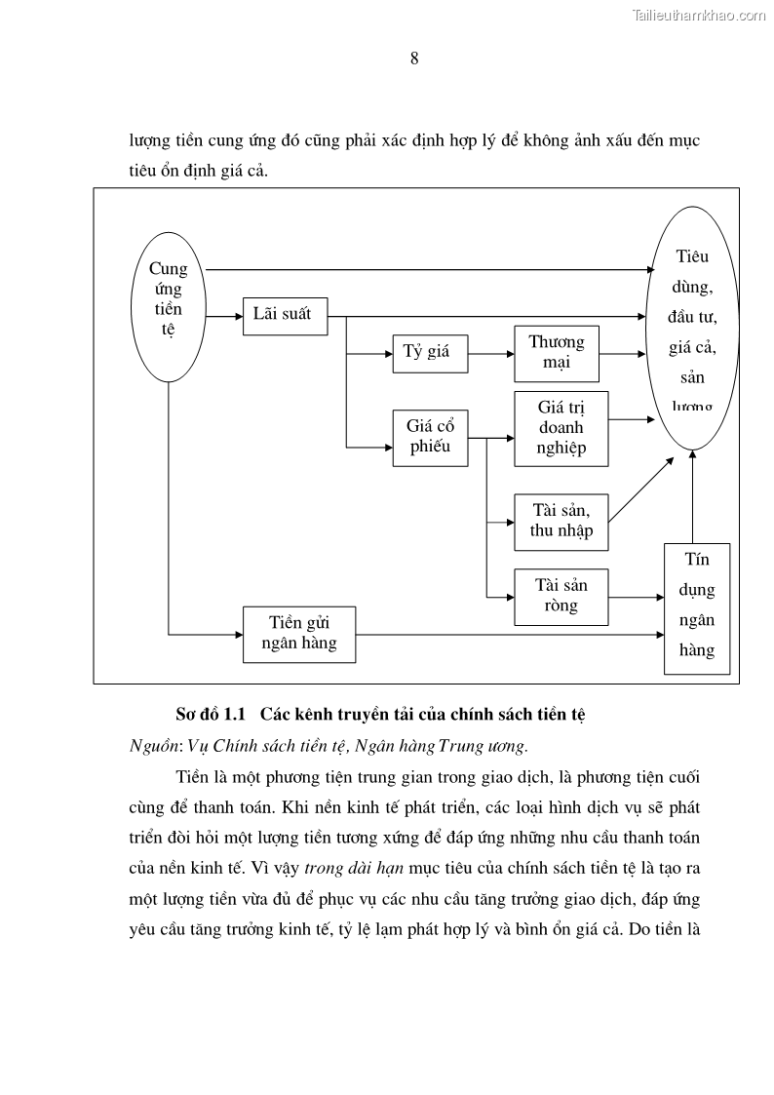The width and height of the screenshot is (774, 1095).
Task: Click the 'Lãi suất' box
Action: click(284, 315)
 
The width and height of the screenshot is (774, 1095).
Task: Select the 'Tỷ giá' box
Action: click(429, 352)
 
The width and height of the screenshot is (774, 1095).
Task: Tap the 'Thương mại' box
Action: click(557, 353)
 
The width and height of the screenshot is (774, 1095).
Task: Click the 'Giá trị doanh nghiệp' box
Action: click(561, 428)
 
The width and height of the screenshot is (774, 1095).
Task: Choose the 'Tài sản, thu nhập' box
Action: click(561, 522)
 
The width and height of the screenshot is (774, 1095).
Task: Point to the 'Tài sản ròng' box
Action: click(561, 596)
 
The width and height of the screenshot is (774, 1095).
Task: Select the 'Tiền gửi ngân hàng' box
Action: click(299, 634)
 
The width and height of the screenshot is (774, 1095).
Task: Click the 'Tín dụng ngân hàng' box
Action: click(697, 608)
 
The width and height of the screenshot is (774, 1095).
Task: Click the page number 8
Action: click(414, 59)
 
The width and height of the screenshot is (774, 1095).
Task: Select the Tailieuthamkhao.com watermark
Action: click(699, 15)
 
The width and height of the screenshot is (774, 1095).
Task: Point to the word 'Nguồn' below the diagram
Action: click(150, 746)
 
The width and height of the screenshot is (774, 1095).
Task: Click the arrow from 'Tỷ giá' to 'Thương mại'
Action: click(491, 352)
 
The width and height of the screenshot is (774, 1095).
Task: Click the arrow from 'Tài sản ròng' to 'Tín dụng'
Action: click(636, 596)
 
